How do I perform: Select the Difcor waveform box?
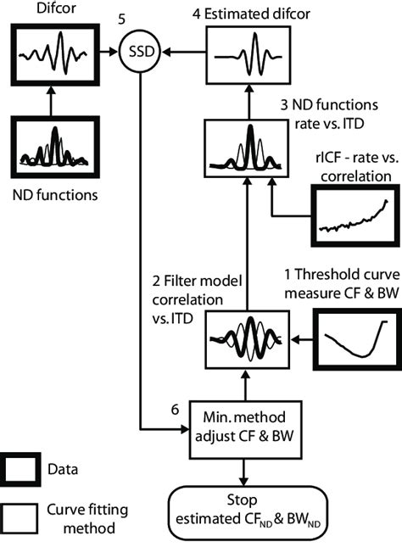[x=53, y=55]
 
